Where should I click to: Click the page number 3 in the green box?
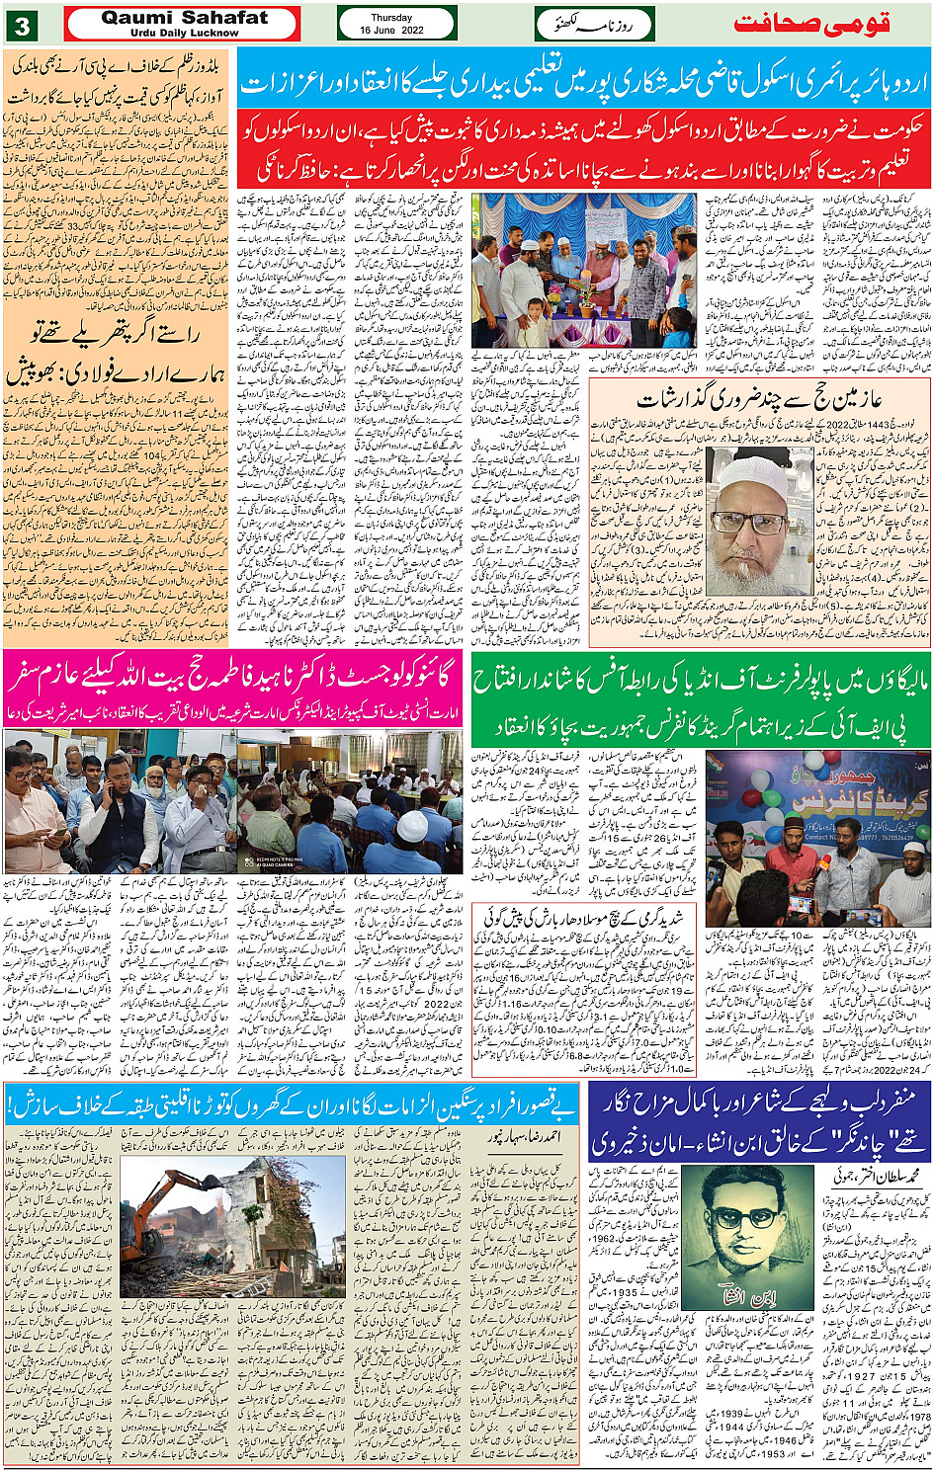tap(22, 26)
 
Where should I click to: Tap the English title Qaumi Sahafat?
tap(184, 18)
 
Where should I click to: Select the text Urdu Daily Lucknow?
tap(184, 33)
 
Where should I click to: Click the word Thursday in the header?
tap(391, 18)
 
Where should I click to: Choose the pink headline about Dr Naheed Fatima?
tap(233, 678)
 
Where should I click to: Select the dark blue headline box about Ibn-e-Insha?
tap(758, 1122)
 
